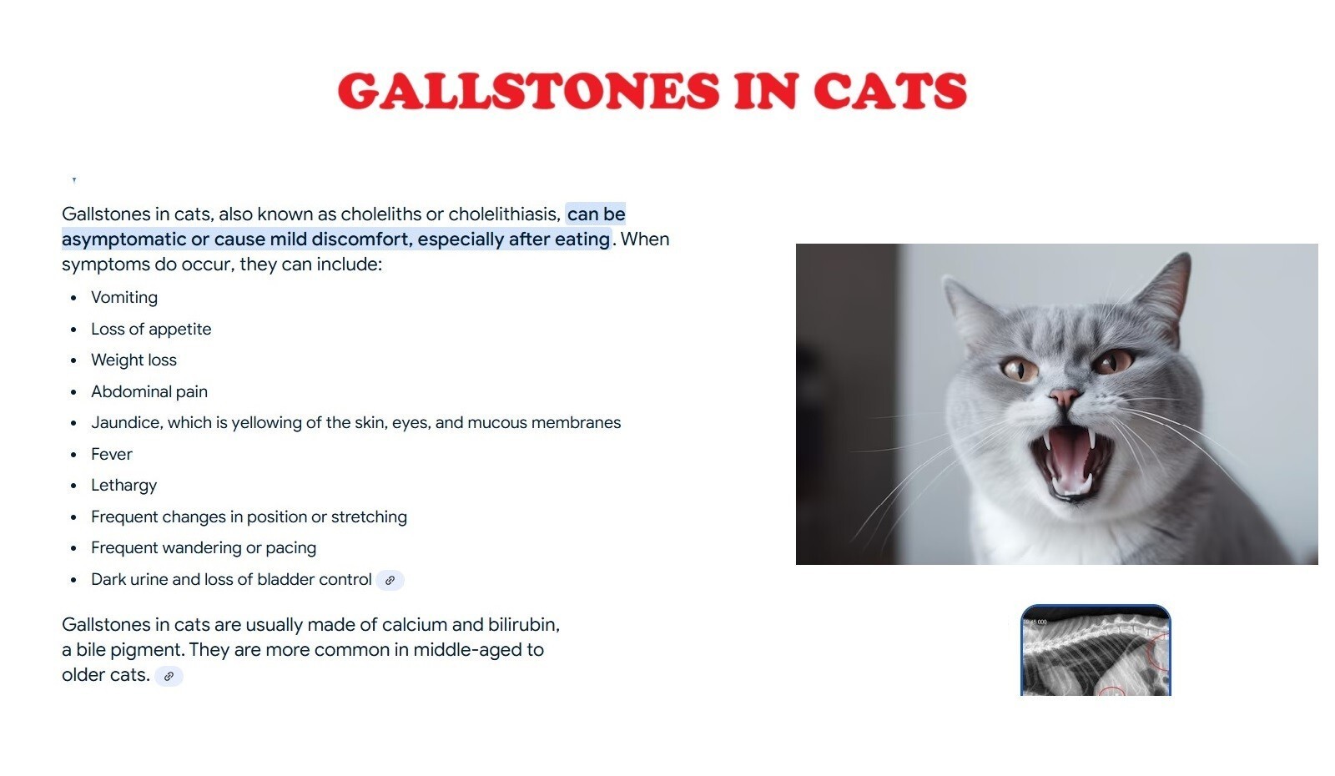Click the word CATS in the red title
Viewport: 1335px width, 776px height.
tap(889, 91)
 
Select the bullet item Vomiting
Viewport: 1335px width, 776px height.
tap(124, 297)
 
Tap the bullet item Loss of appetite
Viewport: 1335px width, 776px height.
tap(151, 329)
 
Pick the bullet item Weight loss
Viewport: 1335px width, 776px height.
tap(133, 360)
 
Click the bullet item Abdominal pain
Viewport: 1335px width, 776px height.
tap(149, 391)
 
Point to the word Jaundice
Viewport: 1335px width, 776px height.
tap(126, 422)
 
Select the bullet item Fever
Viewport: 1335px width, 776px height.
tap(112, 454)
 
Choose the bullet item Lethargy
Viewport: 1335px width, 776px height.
tap(123, 486)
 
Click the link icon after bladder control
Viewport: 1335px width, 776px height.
tap(390, 581)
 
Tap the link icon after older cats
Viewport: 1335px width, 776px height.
tap(169, 677)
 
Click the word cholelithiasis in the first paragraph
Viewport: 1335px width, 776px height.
tap(504, 214)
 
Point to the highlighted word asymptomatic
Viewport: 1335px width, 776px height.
tap(124, 239)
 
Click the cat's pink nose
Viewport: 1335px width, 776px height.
tap(1064, 396)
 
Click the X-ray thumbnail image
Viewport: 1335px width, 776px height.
tap(1096, 650)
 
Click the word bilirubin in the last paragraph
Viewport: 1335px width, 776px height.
tap(523, 625)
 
